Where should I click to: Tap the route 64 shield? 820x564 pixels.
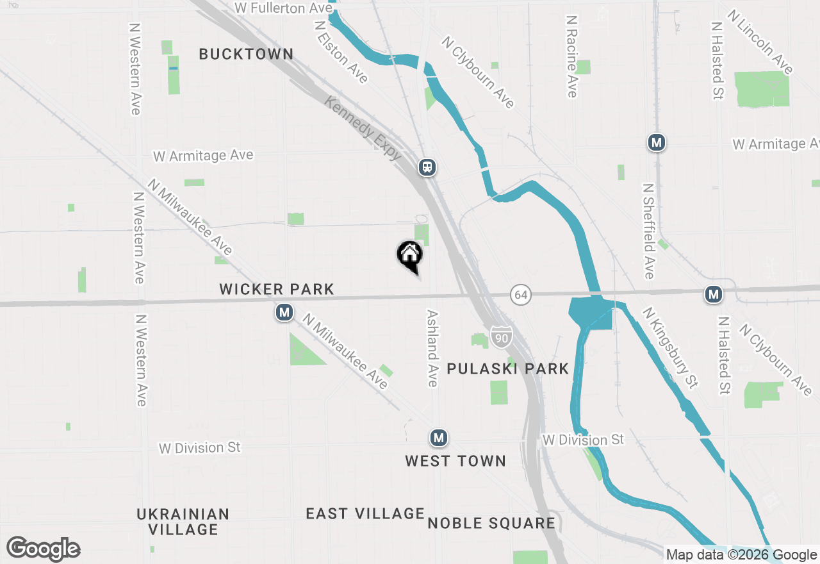tap(521, 295)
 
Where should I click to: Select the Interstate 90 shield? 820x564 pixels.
tap(501, 336)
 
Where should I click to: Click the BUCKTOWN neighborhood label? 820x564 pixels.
tap(246, 54)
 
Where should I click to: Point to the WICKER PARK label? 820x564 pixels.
tap(277, 290)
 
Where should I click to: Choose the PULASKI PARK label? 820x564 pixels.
tap(507, 369)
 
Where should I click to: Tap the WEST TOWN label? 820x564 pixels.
tap(455, 461)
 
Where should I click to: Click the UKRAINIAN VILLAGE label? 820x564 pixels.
tap(183, 522)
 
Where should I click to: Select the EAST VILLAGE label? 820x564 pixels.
tap(365, 513)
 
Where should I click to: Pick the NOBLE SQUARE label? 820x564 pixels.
tap(491, 523)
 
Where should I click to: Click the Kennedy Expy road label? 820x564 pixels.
tap(363, 129)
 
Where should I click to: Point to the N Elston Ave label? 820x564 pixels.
tap(341, 51)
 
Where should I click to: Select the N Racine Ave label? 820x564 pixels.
tap(571, 57)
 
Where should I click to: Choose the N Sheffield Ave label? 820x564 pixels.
tap(648, 231)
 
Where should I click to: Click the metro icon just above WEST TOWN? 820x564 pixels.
tap(438, 438)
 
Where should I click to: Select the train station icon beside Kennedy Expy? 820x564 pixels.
tap(427, 167)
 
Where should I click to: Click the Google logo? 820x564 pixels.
tap(44, 549)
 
